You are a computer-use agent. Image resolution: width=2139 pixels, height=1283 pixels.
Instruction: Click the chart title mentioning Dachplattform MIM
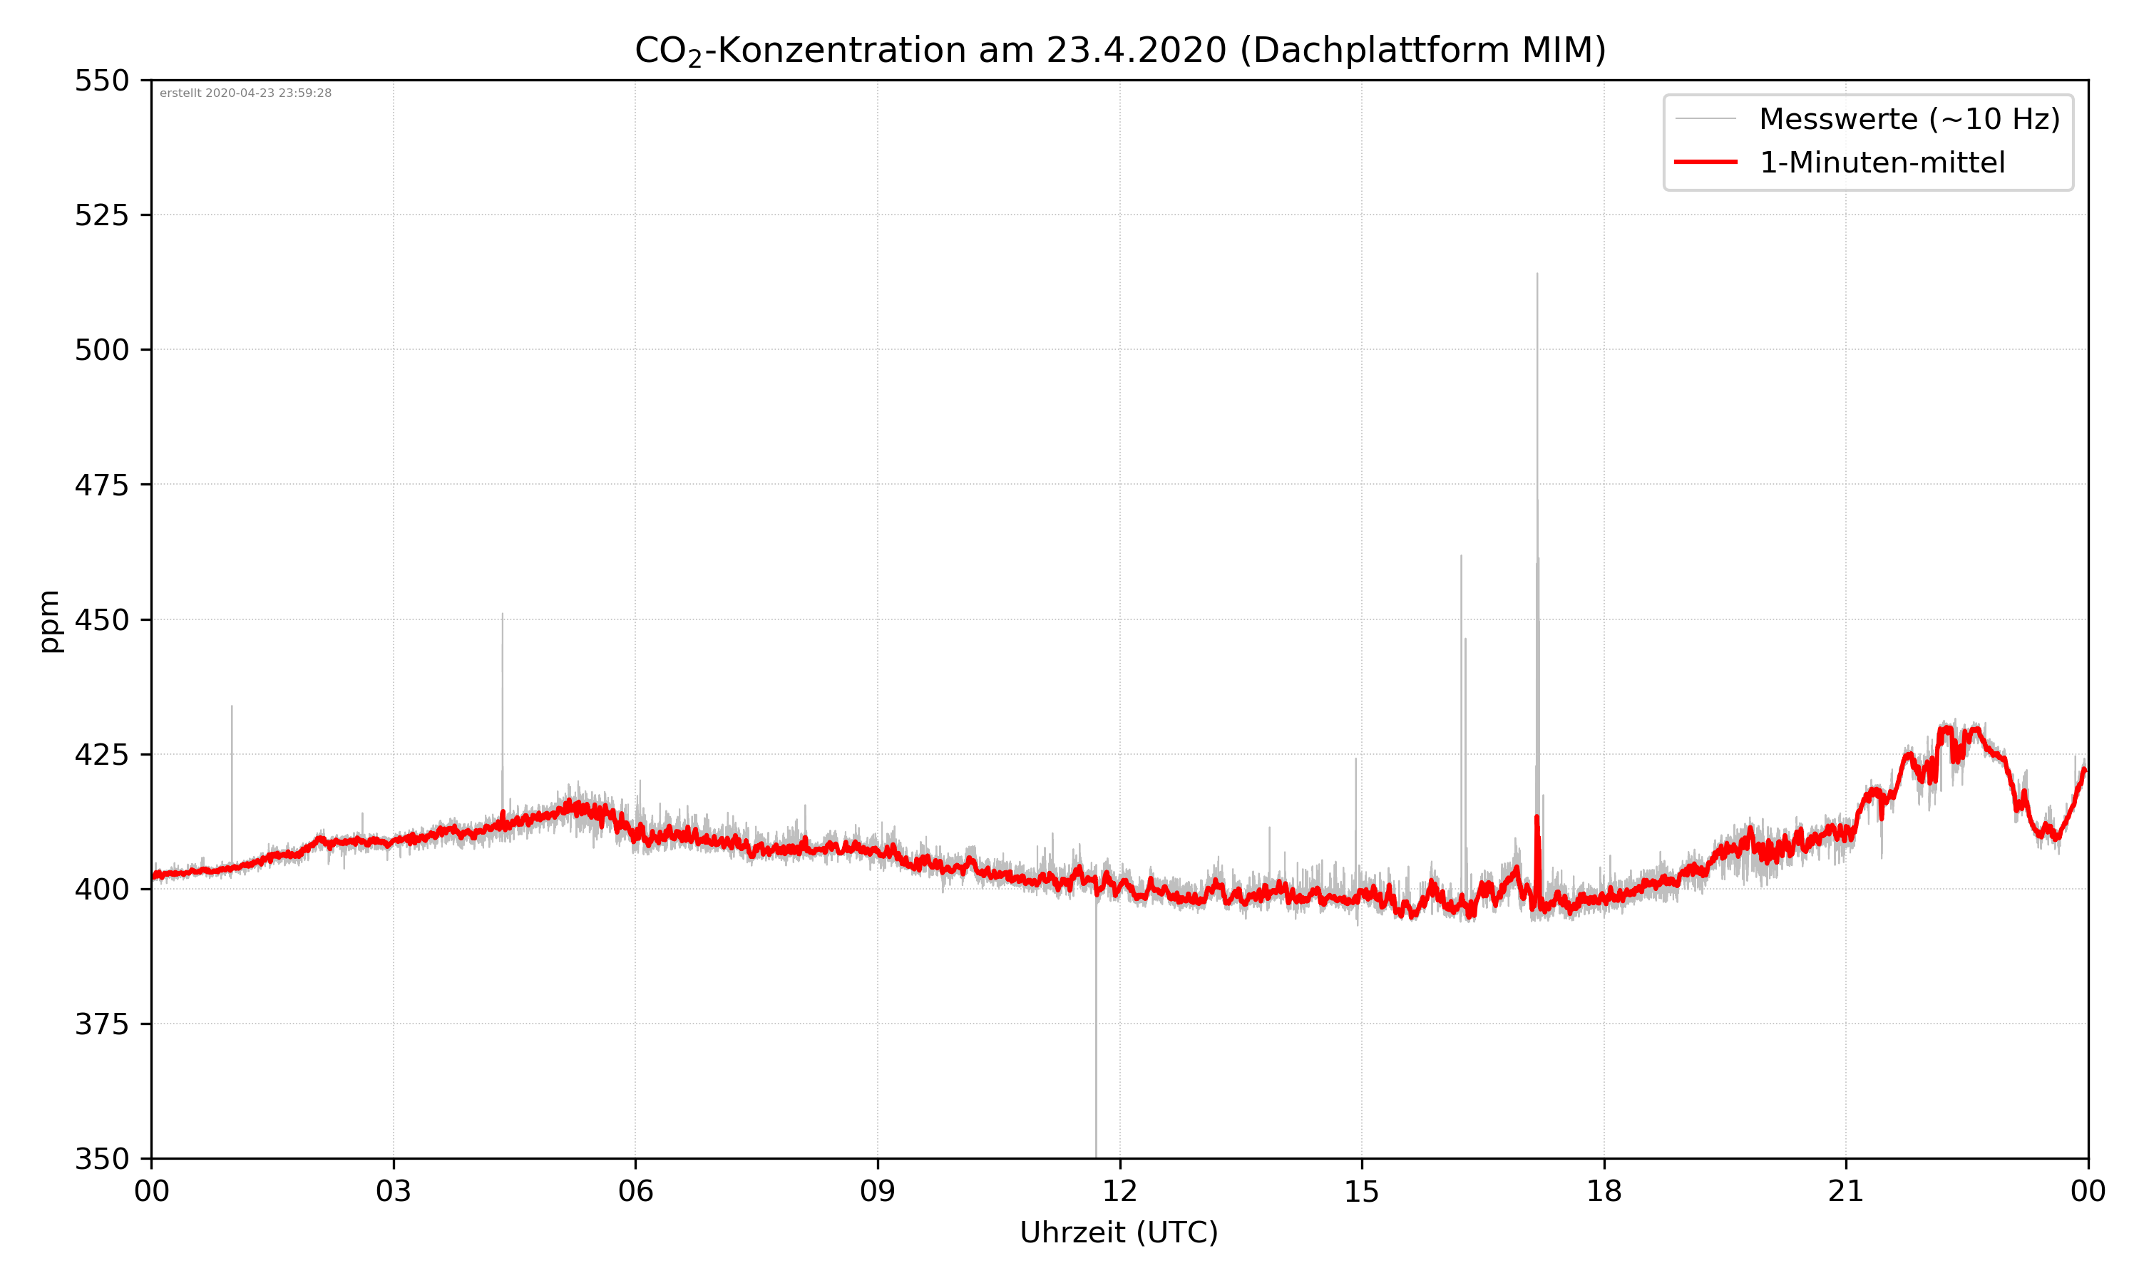(1119, 50)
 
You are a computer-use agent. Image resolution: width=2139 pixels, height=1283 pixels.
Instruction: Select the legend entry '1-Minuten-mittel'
(1882, 163)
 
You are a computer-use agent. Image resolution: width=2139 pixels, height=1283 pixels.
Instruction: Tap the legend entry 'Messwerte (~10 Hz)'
(1909, 119)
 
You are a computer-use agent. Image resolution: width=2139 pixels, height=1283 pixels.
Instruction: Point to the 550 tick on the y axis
(101, 81)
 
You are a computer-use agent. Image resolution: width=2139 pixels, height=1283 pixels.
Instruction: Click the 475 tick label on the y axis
(101, 485)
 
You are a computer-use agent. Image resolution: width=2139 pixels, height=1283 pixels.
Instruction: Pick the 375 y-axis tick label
(101, 1024)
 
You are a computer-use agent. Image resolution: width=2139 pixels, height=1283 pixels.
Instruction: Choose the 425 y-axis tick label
(101, 755)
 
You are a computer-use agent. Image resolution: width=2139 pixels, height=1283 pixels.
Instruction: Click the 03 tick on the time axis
(394, 1191)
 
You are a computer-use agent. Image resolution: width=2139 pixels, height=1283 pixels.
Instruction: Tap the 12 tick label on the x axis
(1119, 1191)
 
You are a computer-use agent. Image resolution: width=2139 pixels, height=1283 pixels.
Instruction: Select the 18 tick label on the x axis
(1604, 1191)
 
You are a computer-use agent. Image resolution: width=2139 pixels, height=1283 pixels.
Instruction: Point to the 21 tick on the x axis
(1846, 1191)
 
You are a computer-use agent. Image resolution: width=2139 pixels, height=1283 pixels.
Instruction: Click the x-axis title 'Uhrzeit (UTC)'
(1119, 1233)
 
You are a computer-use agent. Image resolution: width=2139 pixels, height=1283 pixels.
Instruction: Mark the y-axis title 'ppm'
(49, 621)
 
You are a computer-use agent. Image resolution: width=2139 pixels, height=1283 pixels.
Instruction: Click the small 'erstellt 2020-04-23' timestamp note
(245, 93)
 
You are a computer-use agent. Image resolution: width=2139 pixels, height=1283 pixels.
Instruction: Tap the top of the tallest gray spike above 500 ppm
(1537, 275)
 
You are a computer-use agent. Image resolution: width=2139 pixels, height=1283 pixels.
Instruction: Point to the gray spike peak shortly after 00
(232, 707)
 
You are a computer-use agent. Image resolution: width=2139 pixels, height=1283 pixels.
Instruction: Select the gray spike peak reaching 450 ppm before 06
(503, 614)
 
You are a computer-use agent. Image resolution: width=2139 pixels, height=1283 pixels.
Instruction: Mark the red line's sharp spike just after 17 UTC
(1537, 816)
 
